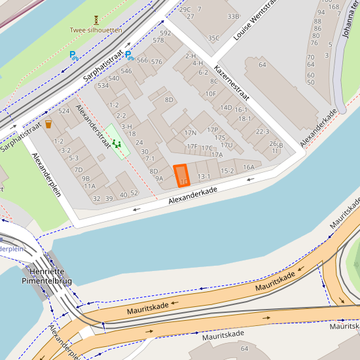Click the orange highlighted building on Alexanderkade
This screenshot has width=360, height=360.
[x=181, y=176]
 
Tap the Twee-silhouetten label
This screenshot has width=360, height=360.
[x=96, y=30]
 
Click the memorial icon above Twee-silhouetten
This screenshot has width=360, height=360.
[x=96, y=20]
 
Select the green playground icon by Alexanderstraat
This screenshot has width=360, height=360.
[x=117, y=143]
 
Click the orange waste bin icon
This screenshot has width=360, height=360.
[x=48, y=124]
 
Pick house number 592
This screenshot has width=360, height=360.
[x=165, y=33]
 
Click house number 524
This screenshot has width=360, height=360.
[x=63, y=111]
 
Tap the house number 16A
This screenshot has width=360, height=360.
[x=249, y=167]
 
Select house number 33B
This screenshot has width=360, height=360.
[x=232, y=16]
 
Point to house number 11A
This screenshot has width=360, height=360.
[x=90, y=186]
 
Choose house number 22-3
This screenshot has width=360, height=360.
[x=262, y=132]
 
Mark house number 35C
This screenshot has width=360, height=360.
[x=213, y=38]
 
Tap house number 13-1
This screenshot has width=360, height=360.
[x=204, y=176]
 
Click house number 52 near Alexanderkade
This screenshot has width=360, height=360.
[x=134, y=193]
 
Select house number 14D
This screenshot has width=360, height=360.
[x=226, y=107]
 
